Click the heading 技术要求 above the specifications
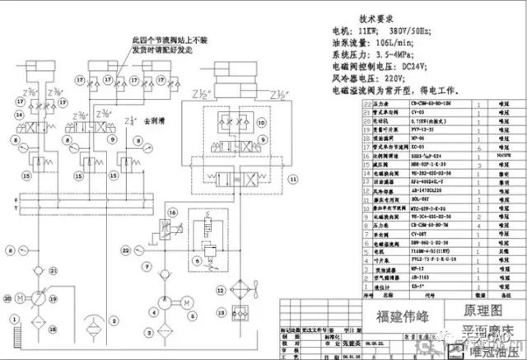[x=385, y=17]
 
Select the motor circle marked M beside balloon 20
[x=30, y=295]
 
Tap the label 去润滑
[x=155, y=121]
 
